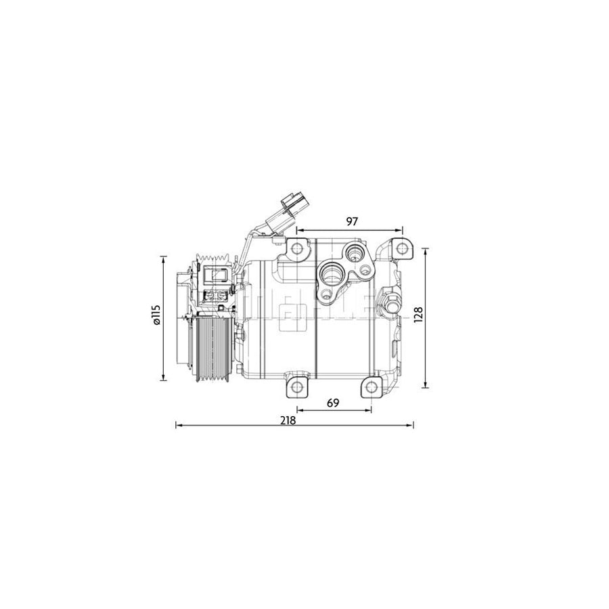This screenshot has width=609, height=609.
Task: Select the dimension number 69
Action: coord(332,402)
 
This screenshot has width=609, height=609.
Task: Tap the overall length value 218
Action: coord(288,419)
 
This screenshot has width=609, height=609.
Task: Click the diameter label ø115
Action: coord(156,315)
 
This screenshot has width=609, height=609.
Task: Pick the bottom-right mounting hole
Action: coord(371,388)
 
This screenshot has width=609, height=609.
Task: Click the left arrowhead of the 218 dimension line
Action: coord(178,425)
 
